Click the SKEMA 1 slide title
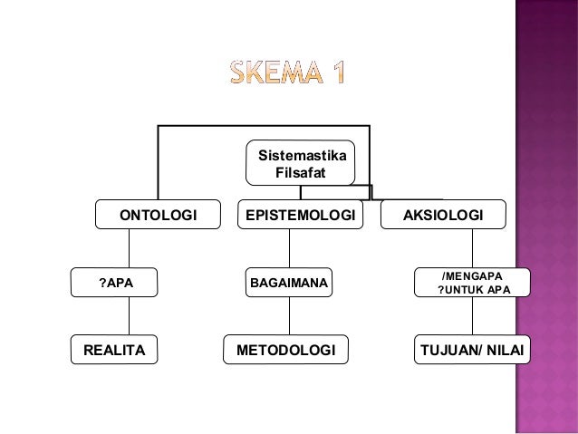pyautogui.click(x=286, y=72)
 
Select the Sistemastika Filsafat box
pyautogui.click(x=303, y=162)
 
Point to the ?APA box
pyautogui.click(x=115, y=283)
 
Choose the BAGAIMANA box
pyautogui.click(x=289, y=283)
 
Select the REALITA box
pyautogui.click(x=114, y=349)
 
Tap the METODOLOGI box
pyautogui.click(x=285, y=349)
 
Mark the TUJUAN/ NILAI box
pyautogui.click(x=472, y=349)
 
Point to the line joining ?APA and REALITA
pyautogui.click(x=129, y=316)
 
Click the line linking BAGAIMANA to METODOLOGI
pyautogui.click(x=289, y=316)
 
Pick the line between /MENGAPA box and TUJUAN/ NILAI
pyautogui.click(x=473, y=316)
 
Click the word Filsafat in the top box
pyautogui.click(x=303, y=170)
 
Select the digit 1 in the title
pyautogui.click(x=336, y=72)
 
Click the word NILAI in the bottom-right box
pyautogui.click(x=504, y=349)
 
